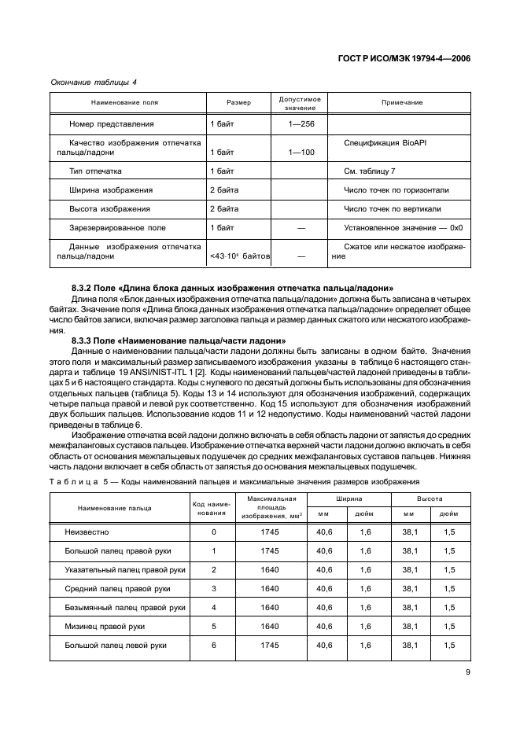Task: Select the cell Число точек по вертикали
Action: click(x=392, y=209)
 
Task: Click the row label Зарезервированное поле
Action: click(x=117, y=228)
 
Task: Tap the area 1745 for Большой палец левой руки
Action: click(x=269, y=645)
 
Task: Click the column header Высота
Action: click(x=429, y=499)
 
